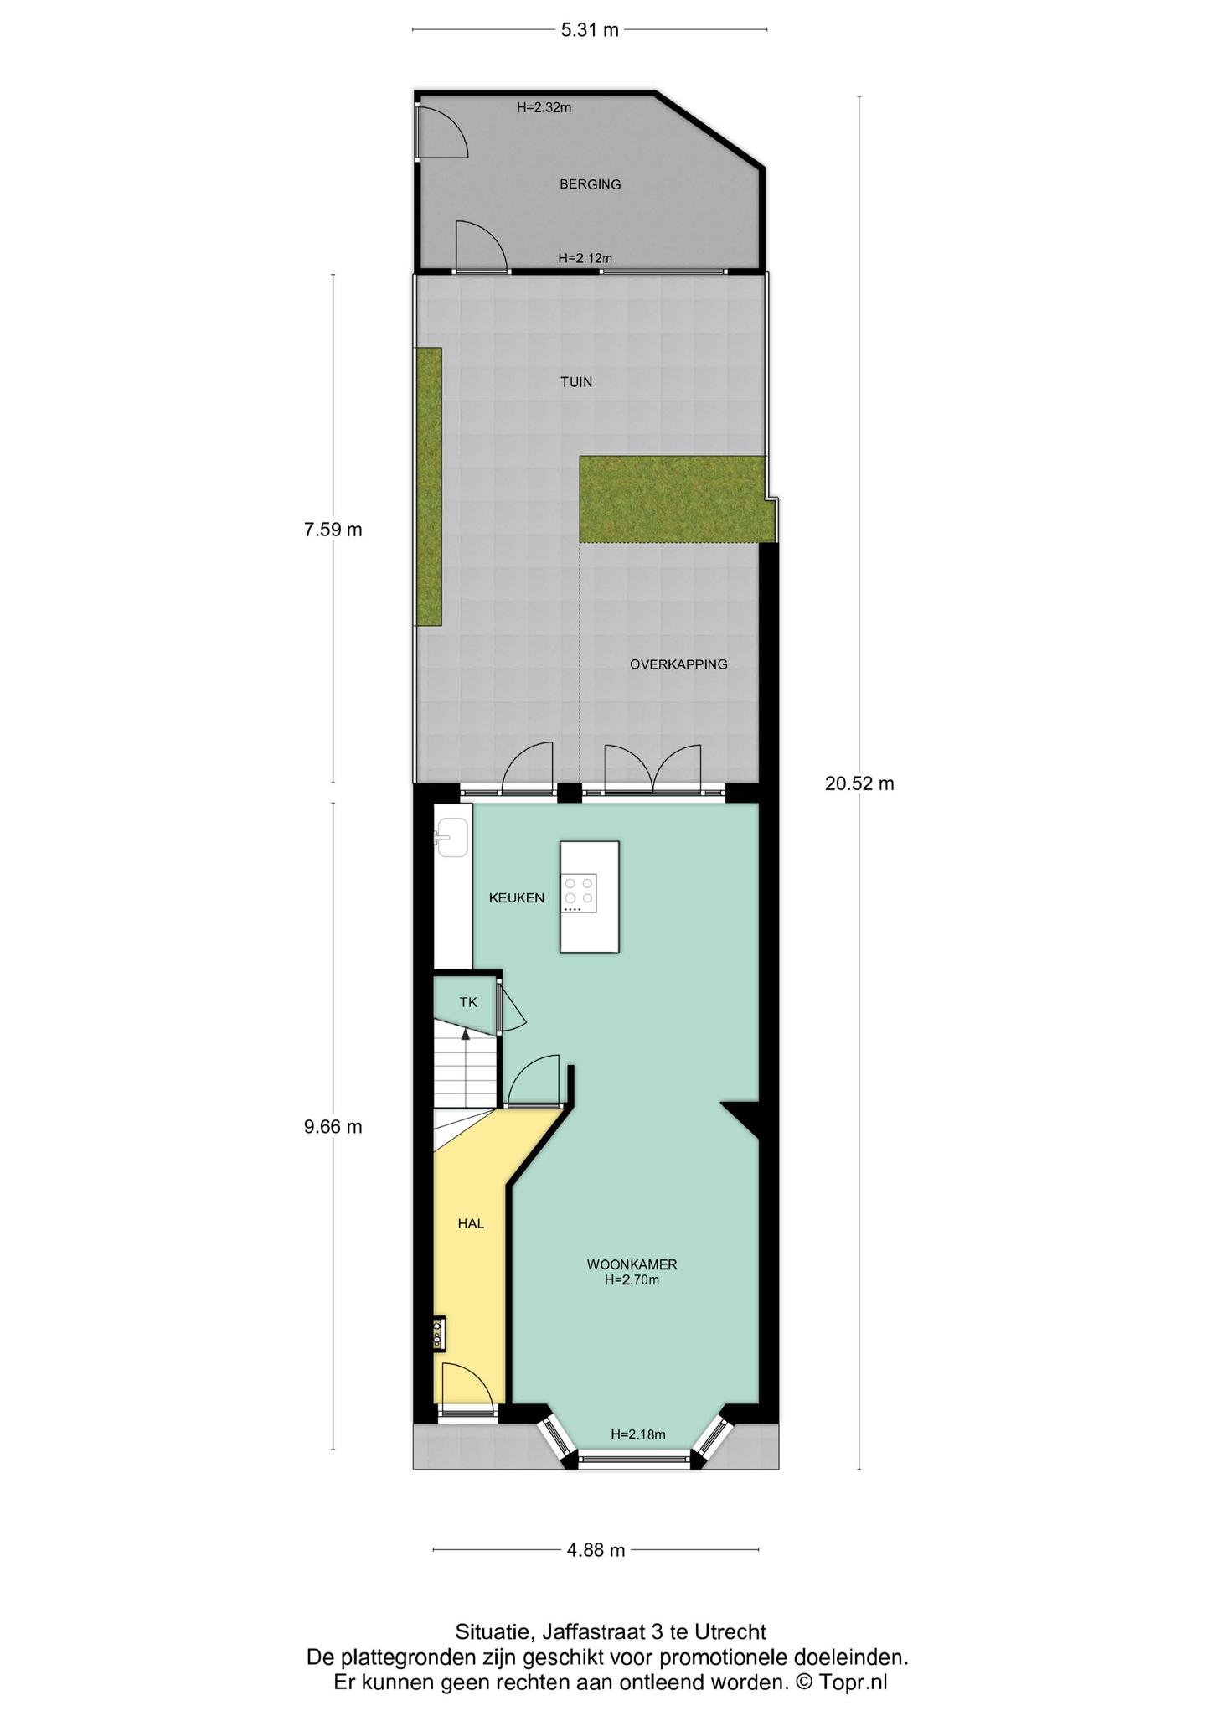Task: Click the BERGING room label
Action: point(591,184)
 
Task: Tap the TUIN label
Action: point(576,382)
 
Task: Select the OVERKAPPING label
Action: point(678,664)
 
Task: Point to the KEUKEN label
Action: point(517,898)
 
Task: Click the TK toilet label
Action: point(468,1002)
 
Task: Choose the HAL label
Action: point(471,1223)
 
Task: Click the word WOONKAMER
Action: point(632,1264)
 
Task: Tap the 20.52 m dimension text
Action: point(859,783)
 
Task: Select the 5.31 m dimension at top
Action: point(590,30)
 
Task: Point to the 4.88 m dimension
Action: point(596,1550)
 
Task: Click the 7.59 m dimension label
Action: point(333,530)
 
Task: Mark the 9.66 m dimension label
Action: point(333,1127)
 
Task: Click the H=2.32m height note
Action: point(544,107)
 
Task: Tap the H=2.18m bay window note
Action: point(638,1434)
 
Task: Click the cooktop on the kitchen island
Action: point(580,893)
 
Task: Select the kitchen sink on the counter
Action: point(451,838)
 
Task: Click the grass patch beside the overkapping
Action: point(673,499)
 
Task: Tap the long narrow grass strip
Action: point(429,487)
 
